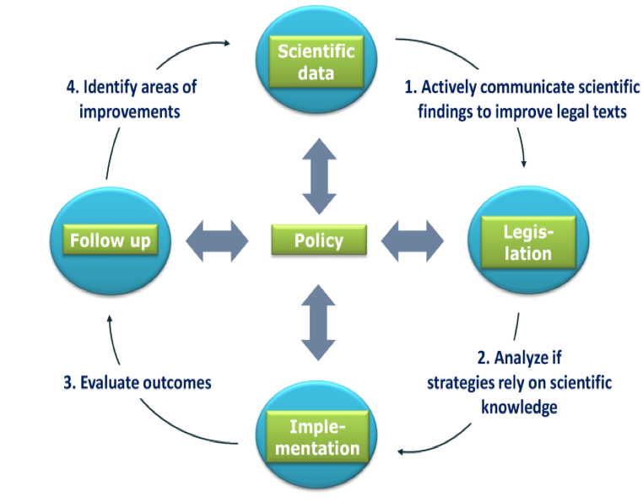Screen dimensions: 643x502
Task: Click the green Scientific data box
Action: [316, 62]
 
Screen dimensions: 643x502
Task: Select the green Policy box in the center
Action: [319, 240]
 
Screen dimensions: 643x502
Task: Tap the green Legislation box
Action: [528, 242]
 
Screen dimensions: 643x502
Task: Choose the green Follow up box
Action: [111, 240]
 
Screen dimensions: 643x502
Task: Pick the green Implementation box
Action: [317, 437]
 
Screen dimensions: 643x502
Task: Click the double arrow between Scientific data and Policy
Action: [319, 176]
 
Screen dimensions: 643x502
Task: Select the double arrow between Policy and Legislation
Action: [412, 240]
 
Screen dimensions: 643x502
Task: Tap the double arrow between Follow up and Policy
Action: [217, 240]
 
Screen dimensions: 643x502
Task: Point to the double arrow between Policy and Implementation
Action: [318, 323]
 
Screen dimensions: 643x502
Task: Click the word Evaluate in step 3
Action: [109, 383]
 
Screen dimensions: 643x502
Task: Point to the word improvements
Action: [130, 112]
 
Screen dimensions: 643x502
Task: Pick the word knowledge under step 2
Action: [519, 408]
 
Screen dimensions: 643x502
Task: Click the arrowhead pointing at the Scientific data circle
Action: [226, 43]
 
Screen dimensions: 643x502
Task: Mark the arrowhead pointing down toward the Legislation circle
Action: [524, 163]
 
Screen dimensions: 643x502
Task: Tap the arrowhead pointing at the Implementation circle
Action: [401, 452]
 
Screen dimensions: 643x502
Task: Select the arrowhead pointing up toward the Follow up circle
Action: [110, 319]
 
